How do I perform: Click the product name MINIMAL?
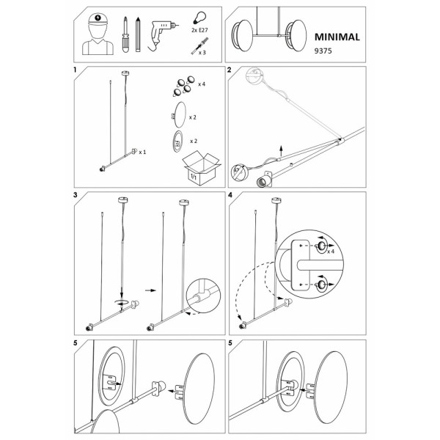point(337,37)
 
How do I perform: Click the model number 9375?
point(323,51)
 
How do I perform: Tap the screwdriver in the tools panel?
point(125,34)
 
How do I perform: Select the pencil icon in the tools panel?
point(138,34)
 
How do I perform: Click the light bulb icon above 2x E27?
point(199,18)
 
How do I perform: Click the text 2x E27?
point(199,30)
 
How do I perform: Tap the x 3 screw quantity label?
point(202,53)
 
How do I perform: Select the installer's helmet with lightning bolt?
point(98,19)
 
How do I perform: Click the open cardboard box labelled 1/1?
point(200,169)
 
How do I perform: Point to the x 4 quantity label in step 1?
point(202,84)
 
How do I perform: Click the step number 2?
point(230,70)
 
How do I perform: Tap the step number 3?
point(76,195)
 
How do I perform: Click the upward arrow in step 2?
point(281,151)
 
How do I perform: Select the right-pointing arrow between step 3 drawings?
point(150,290)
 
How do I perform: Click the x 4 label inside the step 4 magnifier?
point(331,252)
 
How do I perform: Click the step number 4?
point(230,195)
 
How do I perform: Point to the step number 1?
point(75,70)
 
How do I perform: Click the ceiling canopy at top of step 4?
point(276,200)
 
